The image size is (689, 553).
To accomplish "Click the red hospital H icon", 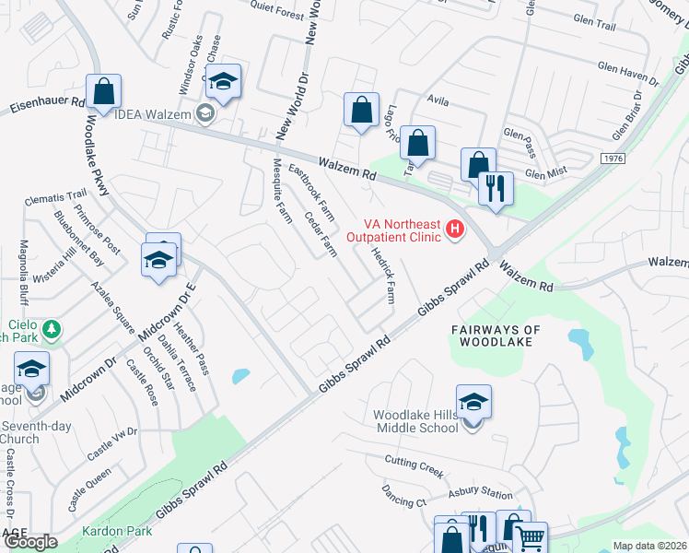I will tap(453, 229).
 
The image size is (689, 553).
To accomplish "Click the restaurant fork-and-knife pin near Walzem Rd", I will tap(496, 189).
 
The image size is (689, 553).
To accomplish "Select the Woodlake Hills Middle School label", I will tap(415, 421).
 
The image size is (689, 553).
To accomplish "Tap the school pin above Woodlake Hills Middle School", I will tap(473, 403).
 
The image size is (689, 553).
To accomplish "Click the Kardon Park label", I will tap(109, 533).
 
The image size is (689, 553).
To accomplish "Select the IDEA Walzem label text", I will tap(152, 114).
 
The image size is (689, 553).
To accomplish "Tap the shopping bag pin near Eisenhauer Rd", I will tap(104, 92).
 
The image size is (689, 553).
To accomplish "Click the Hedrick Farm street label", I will tap(382, 275).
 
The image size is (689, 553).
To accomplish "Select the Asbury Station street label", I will tap(480, 494).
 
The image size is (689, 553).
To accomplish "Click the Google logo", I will tap(30, 542).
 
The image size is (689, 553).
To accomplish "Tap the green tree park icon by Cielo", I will tap(52, 329).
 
